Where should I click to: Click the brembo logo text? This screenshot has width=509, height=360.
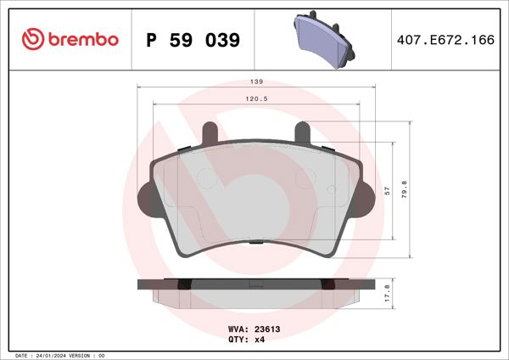point(83,40)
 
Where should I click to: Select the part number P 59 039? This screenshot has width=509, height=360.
point(193,40)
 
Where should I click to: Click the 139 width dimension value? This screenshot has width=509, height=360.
point(255,82)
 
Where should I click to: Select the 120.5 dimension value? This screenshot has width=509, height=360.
point(255,98)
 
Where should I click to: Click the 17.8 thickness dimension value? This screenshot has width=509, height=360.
point(388,291)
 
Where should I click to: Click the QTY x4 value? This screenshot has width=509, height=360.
point(260,339)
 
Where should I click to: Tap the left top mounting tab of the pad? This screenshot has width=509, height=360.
point(209,132)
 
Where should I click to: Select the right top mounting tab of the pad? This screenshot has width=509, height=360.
point(302,132)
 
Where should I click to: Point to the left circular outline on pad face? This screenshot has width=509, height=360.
point(206,177)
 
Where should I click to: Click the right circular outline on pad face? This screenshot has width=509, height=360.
point(305,177)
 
